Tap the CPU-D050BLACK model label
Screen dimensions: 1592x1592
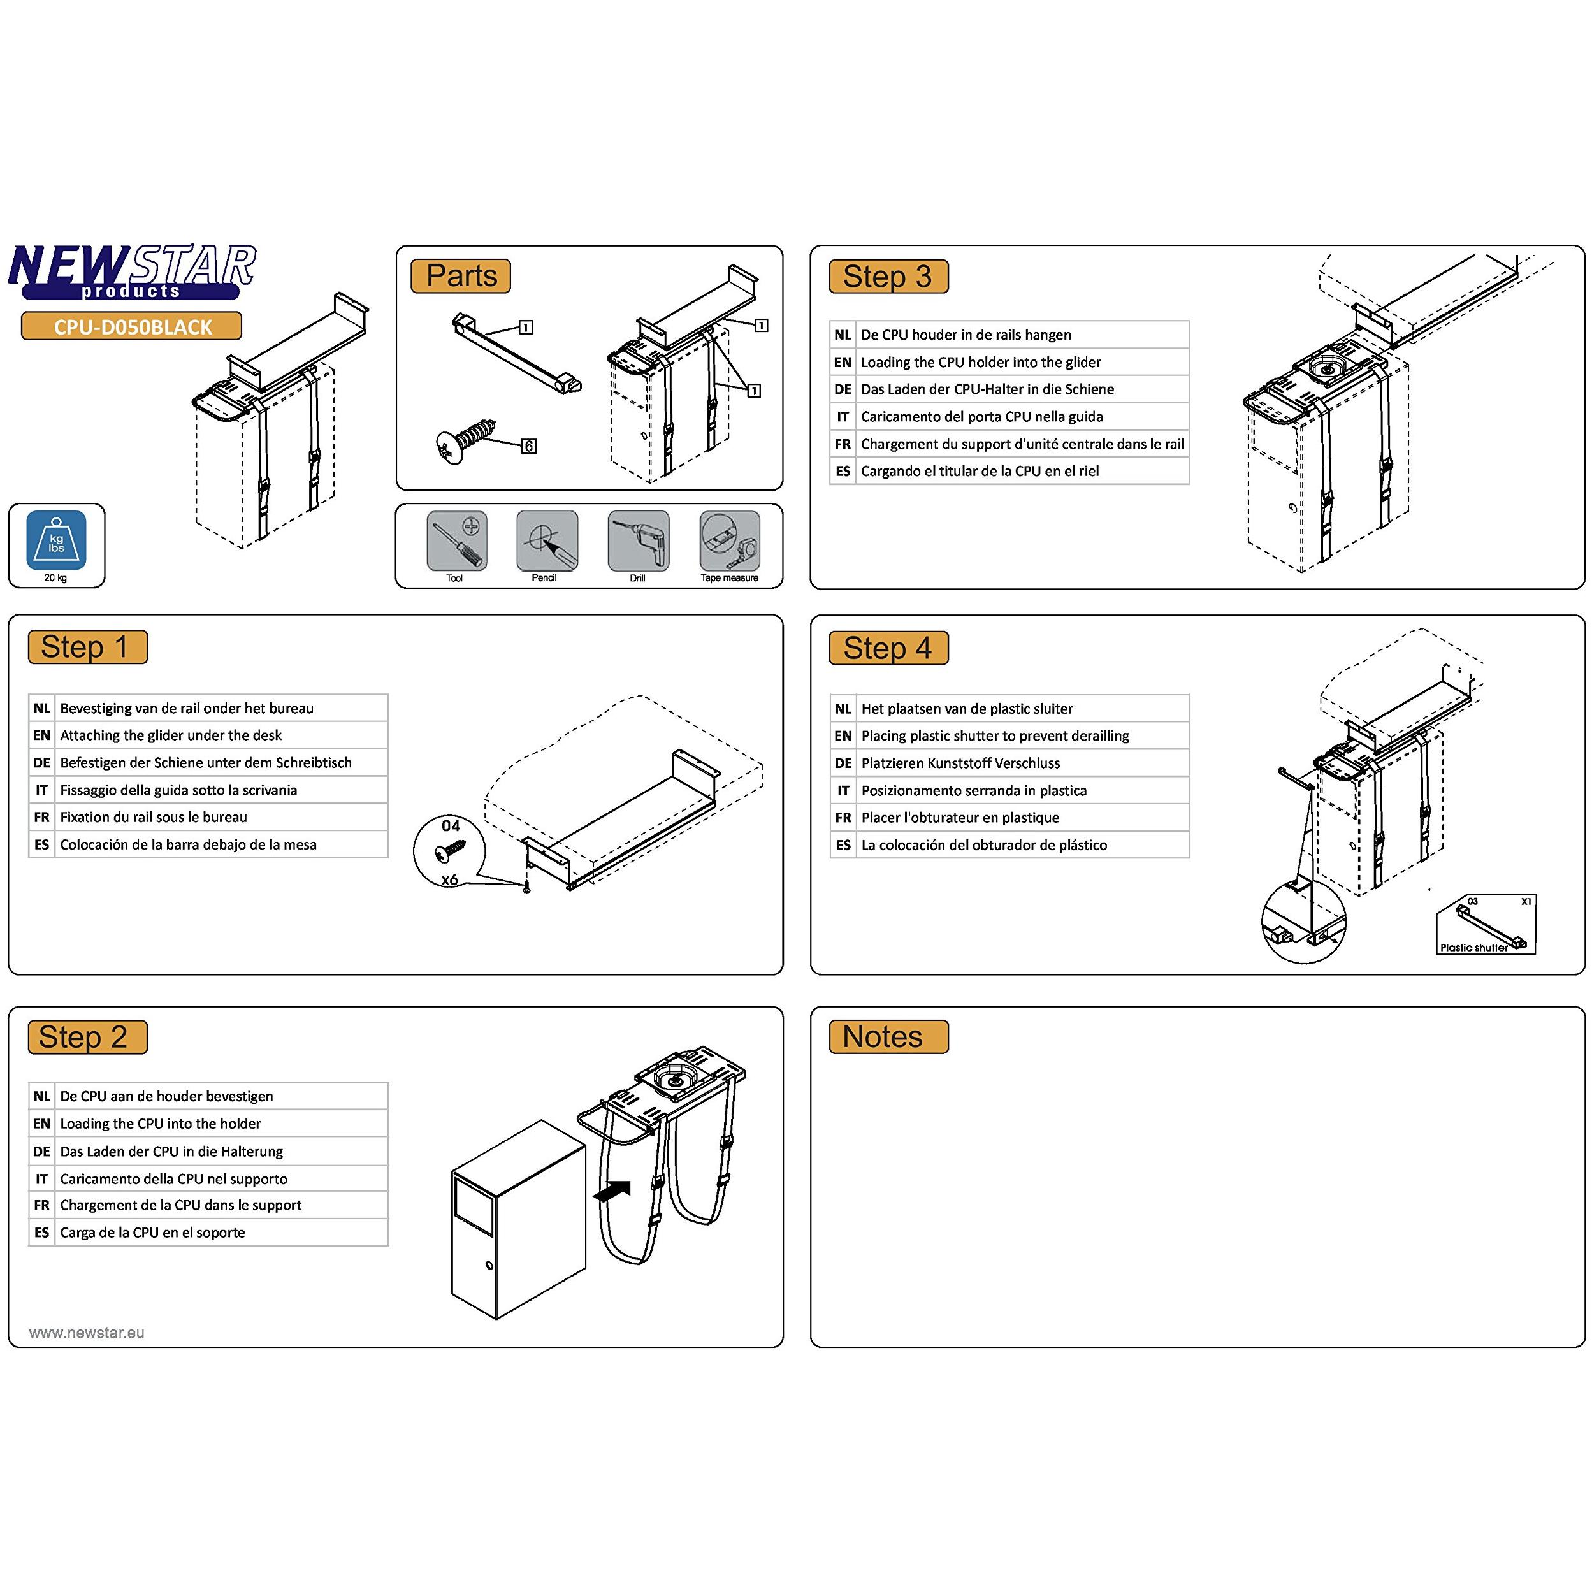[132, 326]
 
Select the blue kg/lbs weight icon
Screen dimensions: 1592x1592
[56, 540]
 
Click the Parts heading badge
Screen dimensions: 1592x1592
[461, 276]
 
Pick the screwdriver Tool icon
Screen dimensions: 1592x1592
[456, 540]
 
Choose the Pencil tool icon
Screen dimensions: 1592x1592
[546, 540]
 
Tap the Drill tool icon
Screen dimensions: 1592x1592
[638, 540]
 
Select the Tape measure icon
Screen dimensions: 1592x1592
[729, 540]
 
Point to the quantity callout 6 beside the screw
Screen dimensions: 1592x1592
[528, 445]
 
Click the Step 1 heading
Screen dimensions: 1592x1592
[87, 647]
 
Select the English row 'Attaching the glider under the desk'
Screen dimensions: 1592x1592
[171, 735]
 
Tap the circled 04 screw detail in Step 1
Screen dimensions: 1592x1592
[450, 852]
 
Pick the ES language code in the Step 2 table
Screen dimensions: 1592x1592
[41, 1232]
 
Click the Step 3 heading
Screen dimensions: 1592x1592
[888, 277]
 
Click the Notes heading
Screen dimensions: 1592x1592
[888, 1037]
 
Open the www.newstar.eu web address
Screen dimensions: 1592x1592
[87, 1333]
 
